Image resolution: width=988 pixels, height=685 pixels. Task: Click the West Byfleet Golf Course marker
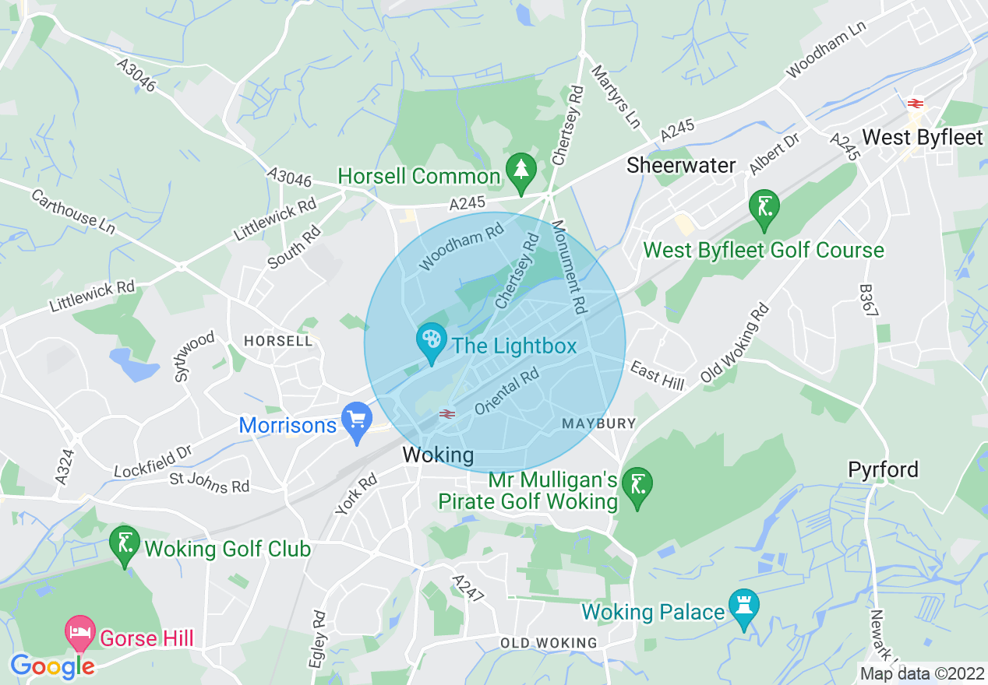point(764,208)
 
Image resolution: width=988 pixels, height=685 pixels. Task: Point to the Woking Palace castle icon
point(744,606)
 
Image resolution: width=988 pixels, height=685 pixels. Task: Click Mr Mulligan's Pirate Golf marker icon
point(638,487)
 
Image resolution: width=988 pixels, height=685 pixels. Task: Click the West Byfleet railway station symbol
point(915,104)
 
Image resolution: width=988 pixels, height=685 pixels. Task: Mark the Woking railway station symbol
point(447,414)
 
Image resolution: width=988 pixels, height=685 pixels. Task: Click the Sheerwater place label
point(681,165)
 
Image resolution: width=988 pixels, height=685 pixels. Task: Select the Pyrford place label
point(883,469)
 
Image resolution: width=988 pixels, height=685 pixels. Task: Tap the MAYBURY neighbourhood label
point(599,423)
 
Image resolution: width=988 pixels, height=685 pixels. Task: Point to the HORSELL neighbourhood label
point(278,341)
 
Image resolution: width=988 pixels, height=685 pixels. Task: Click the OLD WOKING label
point(549,643)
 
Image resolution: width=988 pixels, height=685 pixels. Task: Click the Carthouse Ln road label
point(73,210)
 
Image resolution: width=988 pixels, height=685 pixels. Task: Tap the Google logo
point(52,666)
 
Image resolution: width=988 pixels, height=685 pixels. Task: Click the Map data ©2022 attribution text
point(921,673)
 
